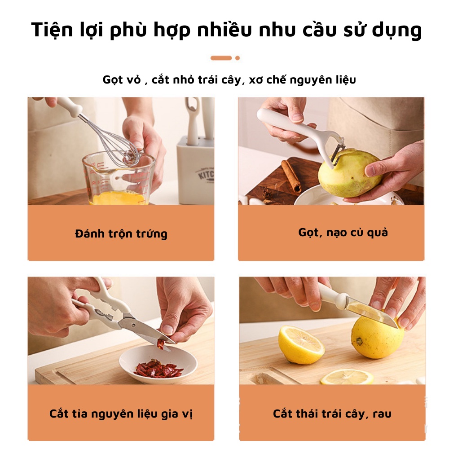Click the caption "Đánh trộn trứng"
click(x=121, y=234)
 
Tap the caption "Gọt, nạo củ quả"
click(x=343, y=233)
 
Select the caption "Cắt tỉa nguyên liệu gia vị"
click(x=121, y=414)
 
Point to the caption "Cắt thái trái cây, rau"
click(x=332, y=414)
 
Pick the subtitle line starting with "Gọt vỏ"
click(x=229, y=80)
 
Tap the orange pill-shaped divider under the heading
click(x=221, y=58)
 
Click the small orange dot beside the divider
click(x=238, y=58)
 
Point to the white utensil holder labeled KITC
click(x=195, y=173)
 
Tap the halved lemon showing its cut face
click(x=301, y=343)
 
